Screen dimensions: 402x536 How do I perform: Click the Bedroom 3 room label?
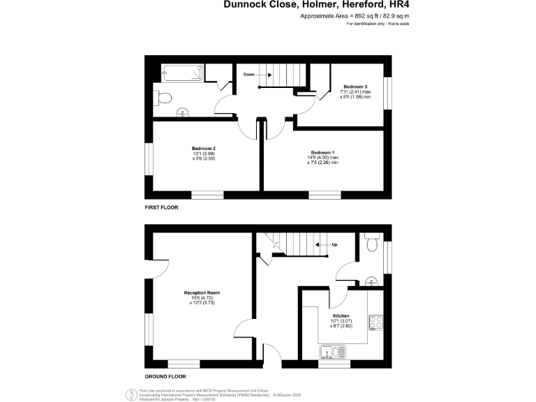[355, 86]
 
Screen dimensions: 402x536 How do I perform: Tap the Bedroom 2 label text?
[204, 148]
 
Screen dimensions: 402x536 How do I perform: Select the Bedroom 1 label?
[322, 152]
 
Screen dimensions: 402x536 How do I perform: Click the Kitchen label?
[341, 315]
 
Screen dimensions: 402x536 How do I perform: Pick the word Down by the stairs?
[249, 74]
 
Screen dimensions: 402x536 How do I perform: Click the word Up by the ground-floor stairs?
[334, 245]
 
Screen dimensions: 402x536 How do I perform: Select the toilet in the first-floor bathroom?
[165, 98]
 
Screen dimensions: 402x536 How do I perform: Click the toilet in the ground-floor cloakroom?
[371, 245]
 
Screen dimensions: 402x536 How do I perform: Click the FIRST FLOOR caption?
[162, 208]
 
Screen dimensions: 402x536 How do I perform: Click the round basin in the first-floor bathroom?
[184, 110]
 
